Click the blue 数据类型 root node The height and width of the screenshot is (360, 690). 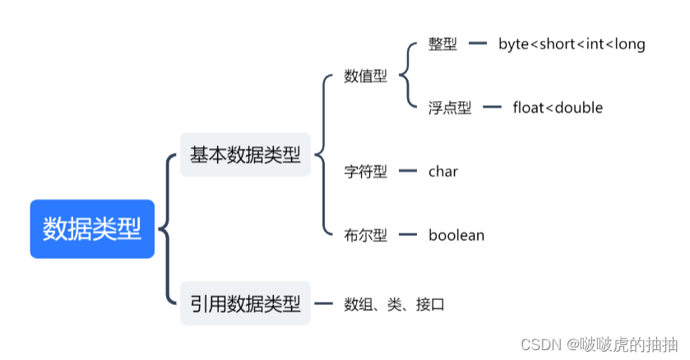(x=92, y=228)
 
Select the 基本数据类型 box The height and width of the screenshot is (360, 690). (x=245, y=155)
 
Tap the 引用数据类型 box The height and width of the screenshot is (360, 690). (x=245, y=303)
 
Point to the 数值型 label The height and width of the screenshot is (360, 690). (x=365, y=77)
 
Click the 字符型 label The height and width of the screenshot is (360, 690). (x=365, y=172)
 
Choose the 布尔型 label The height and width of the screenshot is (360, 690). (x=365, y=235)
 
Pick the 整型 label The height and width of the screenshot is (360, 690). (x=442, y=44)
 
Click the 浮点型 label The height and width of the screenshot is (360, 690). (x=450, y=108)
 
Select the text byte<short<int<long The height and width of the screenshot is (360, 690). (x=572, y=44)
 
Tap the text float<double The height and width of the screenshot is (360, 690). (x=558, y=108)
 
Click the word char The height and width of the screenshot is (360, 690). (x=443, y=172)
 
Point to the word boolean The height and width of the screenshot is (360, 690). (x=456, y=235)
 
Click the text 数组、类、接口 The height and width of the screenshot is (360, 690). (x=394, y=304)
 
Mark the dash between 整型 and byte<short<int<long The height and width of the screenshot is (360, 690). (x=478, y=44)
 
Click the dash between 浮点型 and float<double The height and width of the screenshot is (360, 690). (x=492, y=108)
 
